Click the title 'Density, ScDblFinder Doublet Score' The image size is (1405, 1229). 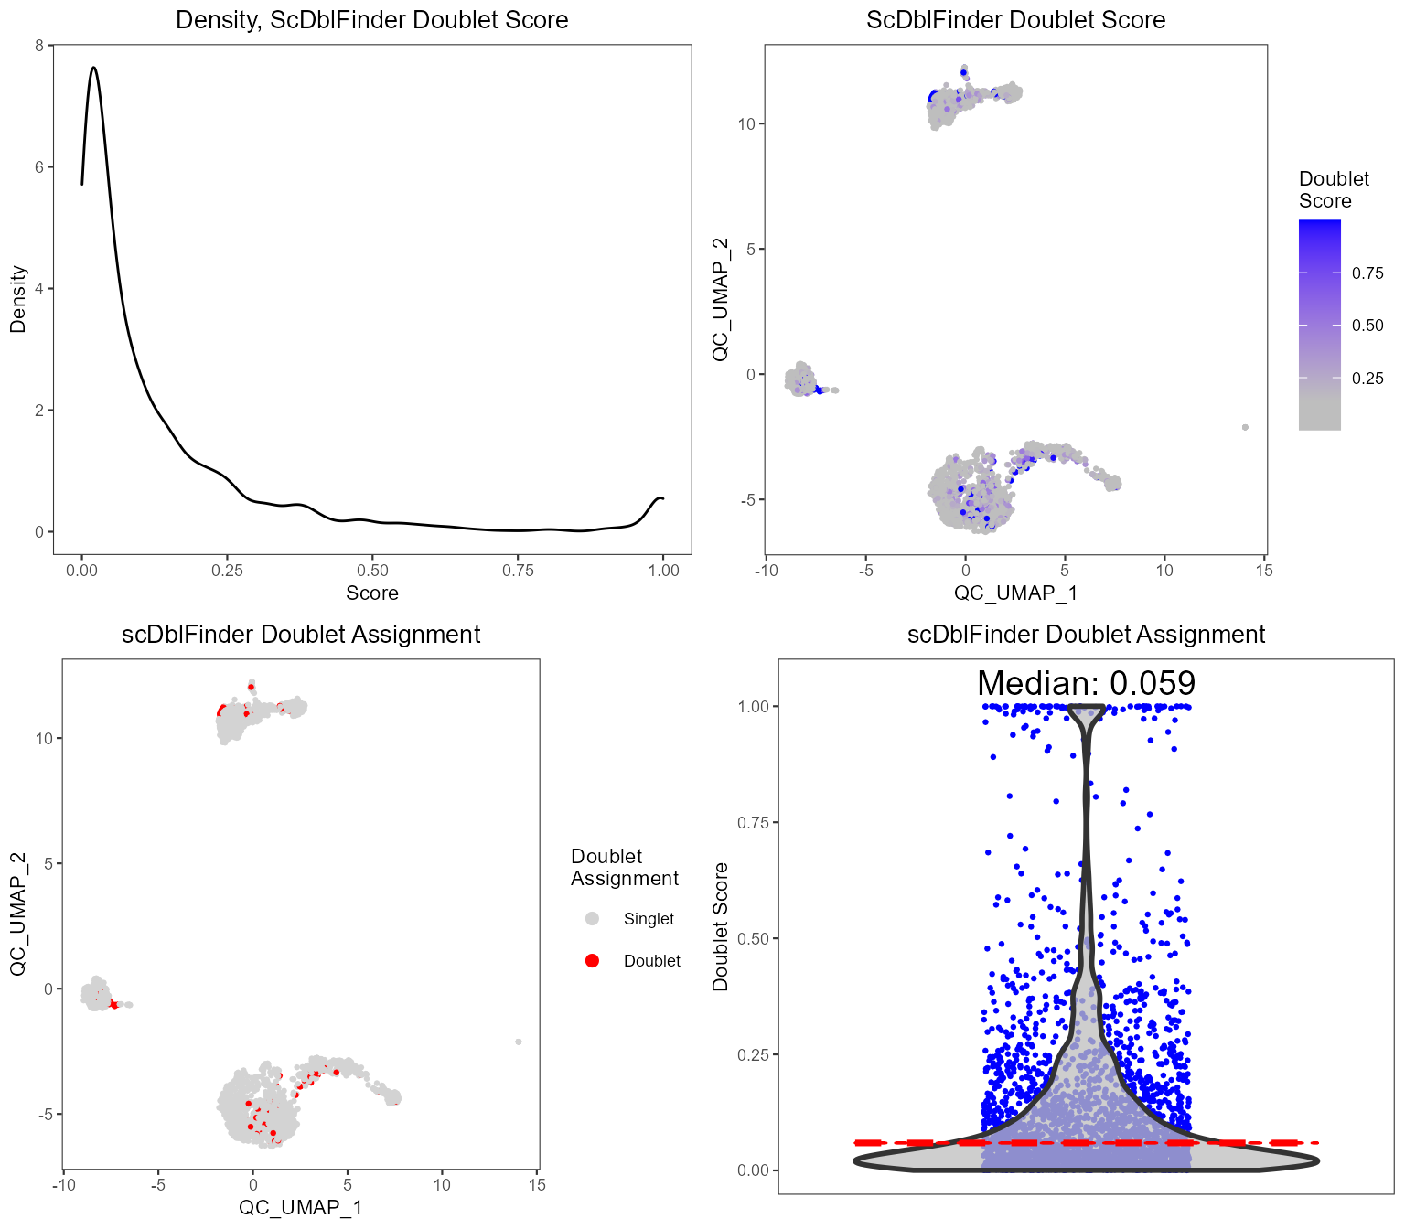point(371,20)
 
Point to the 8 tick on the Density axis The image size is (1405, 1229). point(38,46)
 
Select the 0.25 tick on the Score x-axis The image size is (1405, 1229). point(227,571)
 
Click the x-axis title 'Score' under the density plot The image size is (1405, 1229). point(371,593)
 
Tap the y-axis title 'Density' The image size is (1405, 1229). point(17,299)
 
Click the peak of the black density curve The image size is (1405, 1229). point(93,68)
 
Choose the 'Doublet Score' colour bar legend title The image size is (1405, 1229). point(1333,190)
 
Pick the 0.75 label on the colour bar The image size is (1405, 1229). point(1367,273)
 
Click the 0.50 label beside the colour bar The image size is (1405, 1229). point(1367,326)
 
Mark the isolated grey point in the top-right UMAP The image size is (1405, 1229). point(1245,427)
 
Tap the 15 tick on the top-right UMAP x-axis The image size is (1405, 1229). point(1263,571)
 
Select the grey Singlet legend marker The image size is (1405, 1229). point(592,919)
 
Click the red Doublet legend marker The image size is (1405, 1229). point(592,961)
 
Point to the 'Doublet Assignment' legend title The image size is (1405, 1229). point(624,868)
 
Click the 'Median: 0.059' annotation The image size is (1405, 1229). point(1086,684)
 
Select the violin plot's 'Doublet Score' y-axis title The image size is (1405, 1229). point(721,926)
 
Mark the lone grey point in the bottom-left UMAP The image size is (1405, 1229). point(519,1042)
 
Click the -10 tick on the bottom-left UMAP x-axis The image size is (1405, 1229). point(63,1185)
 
